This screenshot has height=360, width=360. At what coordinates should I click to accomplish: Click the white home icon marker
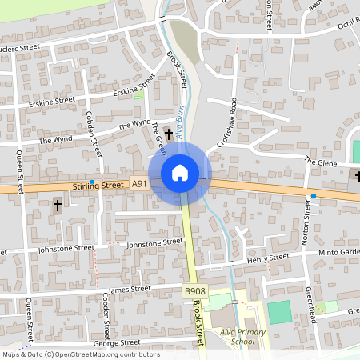180,172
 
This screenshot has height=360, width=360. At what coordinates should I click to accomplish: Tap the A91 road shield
139,184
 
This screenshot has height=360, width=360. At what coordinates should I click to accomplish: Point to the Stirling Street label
98,186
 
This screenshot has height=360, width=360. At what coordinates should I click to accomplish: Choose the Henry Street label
267,258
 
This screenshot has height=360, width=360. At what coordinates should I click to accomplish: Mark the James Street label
129,289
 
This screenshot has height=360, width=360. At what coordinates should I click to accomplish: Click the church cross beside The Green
168,130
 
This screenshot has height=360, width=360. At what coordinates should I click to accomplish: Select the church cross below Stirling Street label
57,206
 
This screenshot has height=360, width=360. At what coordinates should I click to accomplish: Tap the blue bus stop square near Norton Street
314,196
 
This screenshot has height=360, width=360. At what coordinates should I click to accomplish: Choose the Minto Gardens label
340,252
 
